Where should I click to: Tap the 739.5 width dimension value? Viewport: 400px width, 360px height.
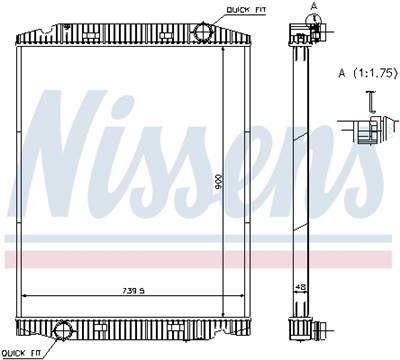(x=134, y=291)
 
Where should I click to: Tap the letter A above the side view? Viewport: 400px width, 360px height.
(x=314, y=6)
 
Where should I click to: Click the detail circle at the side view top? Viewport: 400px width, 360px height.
(x=314, y=29)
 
